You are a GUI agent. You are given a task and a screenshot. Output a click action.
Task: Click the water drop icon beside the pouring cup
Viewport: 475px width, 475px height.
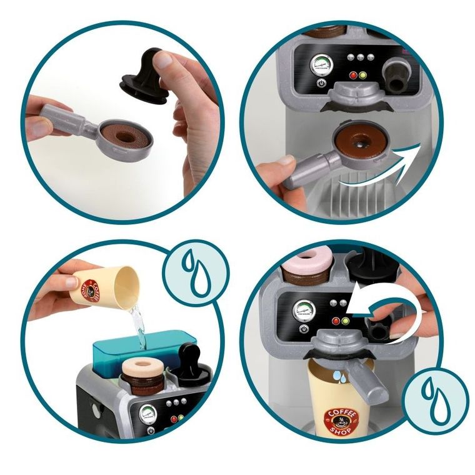tap(196, 275)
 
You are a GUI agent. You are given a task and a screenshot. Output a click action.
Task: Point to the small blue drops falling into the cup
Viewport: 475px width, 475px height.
tap(338, 377)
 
